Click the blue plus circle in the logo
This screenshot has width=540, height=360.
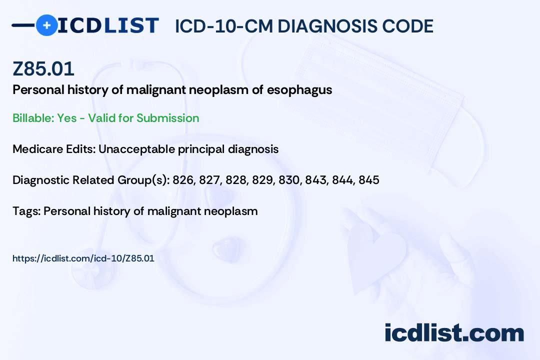tap(46, 25)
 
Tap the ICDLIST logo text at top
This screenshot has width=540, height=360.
tap(107, 25)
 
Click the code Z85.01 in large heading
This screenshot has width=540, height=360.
tap(43, 69)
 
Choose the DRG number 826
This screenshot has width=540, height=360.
tap(182, 180)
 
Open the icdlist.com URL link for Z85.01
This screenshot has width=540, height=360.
tap(83, 258)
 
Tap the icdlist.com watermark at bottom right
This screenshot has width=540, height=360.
tap(454, 332)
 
